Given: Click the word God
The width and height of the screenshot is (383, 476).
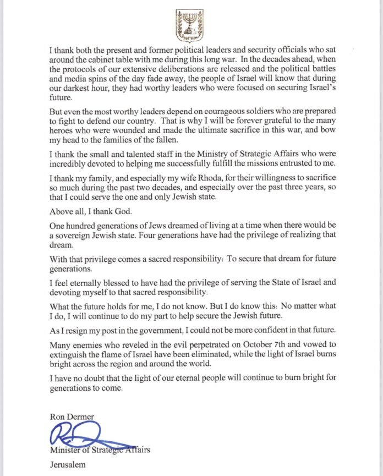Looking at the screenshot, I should [118, 210].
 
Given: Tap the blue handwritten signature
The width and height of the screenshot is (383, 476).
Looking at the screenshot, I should [83, 438].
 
